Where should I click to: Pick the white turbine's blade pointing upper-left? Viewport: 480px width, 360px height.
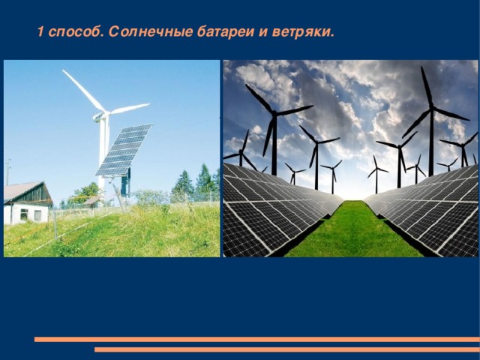point(82,90)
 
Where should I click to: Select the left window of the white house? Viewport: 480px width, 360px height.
point(23,214)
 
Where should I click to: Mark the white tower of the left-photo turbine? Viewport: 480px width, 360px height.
point(103,150)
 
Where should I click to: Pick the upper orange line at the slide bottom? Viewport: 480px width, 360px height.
point(255,340)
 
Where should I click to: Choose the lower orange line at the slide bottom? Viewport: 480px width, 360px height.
point(285,349)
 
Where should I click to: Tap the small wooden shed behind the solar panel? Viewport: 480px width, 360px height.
point(91,201)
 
